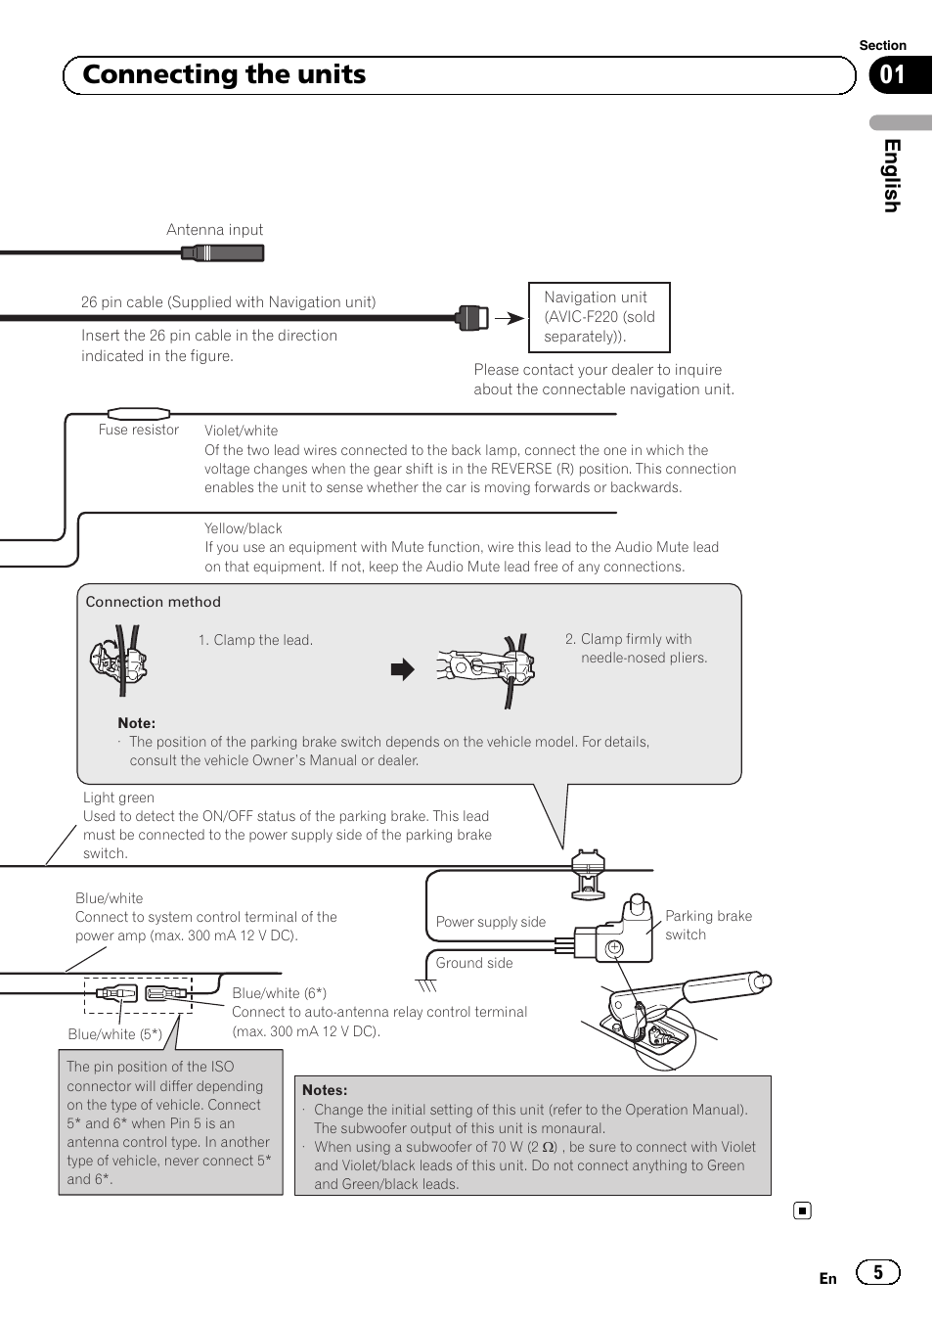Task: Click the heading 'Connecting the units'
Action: click(224, 75)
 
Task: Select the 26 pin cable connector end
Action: click(472, 317)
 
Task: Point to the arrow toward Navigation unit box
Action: click(510, 318)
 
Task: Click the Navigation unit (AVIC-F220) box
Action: click(600, 317)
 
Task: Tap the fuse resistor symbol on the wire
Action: click(138, 414)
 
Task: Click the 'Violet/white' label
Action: click(241, 431)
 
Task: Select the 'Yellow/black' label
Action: click(243, 528)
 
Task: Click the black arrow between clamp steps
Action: click(403, 669)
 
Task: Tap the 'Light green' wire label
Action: click(118, 798)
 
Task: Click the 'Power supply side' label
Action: click(491, 922)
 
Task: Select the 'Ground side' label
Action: click(474, 963)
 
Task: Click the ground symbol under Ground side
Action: click(426, 985)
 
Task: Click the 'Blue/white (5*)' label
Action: click(114, 1034)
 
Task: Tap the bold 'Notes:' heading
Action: click(325, 1090)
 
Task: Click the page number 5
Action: click(877, 1272)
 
